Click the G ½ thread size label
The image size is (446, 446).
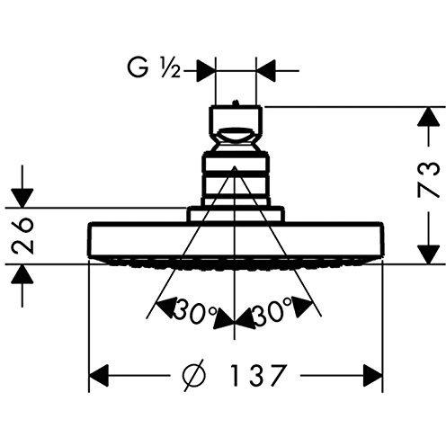point(154,68)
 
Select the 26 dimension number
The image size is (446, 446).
point(22,236)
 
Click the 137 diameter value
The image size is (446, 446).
point(257,375)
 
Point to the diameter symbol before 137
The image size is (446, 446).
point(194,375)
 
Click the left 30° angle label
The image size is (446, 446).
point(195,311)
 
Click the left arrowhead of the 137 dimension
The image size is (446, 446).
point(99,375)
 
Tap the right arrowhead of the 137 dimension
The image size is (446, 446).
point(373,375)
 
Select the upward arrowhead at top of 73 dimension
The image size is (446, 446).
point(429,116)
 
